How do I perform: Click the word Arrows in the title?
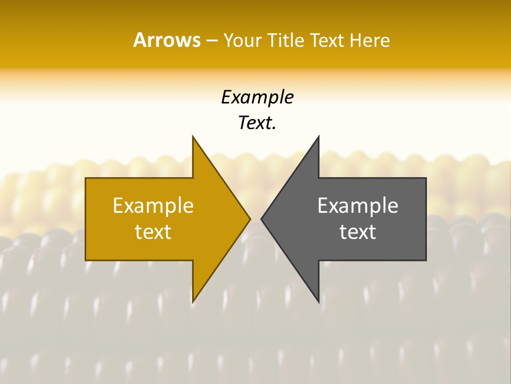click(167, 40)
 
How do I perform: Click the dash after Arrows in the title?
click(211, 41)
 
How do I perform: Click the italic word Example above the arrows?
click(257, 98)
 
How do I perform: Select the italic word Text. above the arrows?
click(257, 123)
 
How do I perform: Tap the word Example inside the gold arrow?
click(153, 206)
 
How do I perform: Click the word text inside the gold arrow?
click(153, 232)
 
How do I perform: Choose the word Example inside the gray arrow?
click(358, 206)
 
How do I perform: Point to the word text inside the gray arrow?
click(358, 232)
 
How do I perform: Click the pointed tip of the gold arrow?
click(250, 219)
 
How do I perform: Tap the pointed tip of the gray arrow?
click(261, 219)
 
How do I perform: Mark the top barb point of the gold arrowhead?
click(193, 137)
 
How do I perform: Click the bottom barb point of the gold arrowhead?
click(193, 302)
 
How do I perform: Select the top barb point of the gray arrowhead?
click(318, 137)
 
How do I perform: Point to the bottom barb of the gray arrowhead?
click(318, 302)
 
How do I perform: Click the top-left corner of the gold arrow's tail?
click(86, 178)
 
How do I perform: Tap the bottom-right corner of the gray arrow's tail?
click(426, 260)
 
